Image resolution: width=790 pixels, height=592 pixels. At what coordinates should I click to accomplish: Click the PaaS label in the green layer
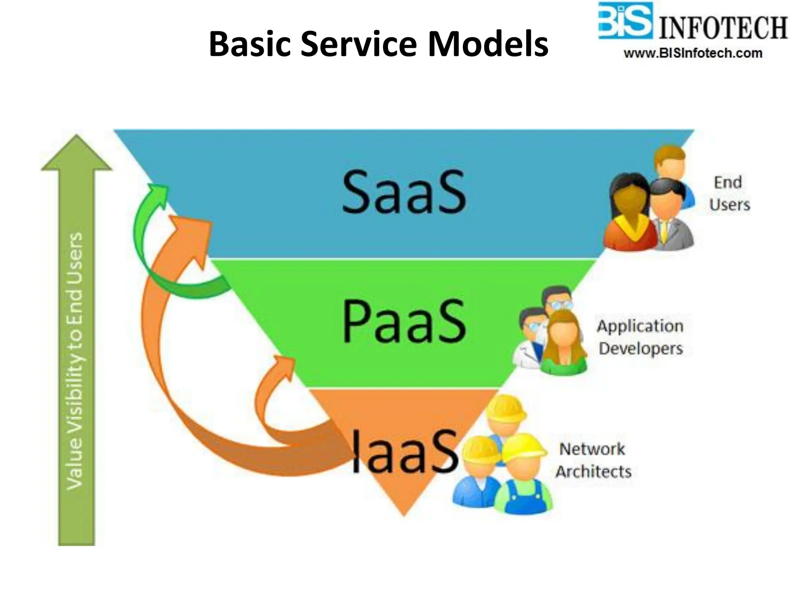(404, 322)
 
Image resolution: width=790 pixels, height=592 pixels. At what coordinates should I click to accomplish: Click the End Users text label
(729, 193)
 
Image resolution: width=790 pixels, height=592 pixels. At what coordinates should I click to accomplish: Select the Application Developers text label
(641, 337)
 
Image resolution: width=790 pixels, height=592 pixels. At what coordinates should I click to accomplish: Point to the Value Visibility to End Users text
(75, 360)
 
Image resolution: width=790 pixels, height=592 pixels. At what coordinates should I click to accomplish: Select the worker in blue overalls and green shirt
(523, 478)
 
